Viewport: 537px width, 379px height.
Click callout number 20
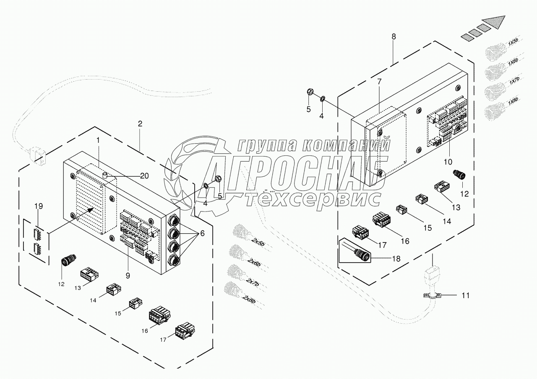[144, 176]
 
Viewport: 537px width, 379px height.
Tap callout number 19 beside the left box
[39, 206]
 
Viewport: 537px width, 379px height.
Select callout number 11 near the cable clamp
[466, 295]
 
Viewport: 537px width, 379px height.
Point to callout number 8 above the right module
[393, 36]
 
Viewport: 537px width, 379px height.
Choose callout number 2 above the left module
[140, 124]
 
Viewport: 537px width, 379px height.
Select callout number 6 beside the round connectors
[202, 234]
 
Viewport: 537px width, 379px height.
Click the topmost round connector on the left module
[173, 219]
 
